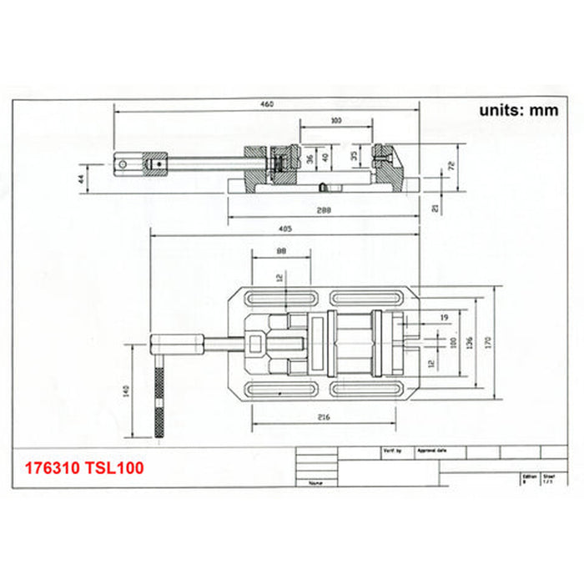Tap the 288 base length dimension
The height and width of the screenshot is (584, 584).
324,211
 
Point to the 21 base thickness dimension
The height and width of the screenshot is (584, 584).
434,209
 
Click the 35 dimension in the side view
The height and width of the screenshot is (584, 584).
355,155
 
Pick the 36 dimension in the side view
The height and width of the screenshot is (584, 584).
310,158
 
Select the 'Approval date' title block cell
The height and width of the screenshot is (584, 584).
432,450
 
